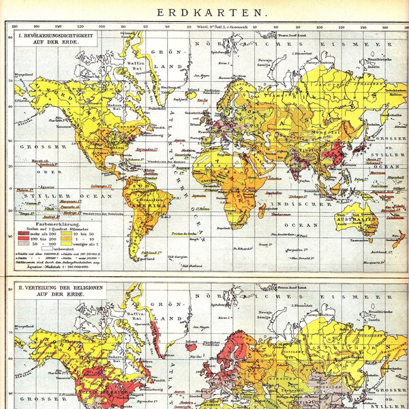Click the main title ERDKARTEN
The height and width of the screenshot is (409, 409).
point(204,12)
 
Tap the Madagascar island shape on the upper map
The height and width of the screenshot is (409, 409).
point(263,212)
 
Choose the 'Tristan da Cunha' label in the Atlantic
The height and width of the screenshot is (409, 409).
point(202,233)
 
